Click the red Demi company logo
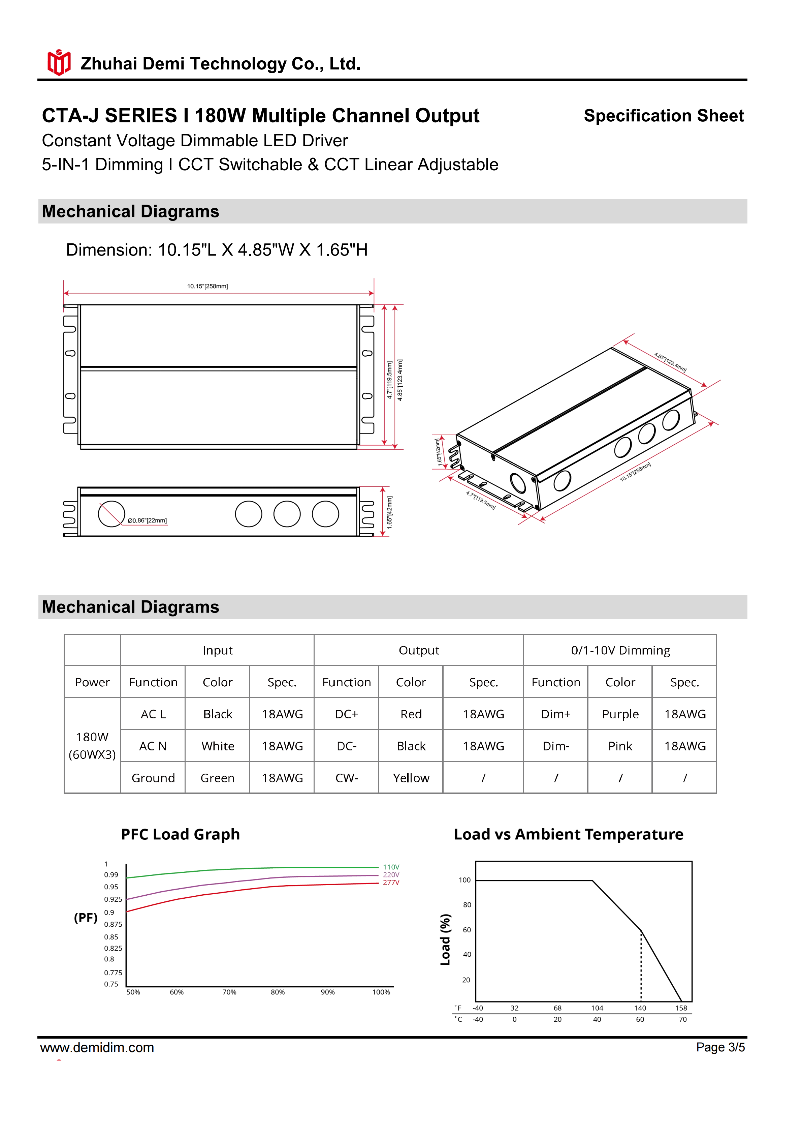click(x=59, y=63)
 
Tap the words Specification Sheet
click(x=663, y=116)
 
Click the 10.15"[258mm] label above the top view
click(x=207, y=286)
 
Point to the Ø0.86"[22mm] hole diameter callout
click(x=147, y=520)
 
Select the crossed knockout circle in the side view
click(x=111, y=514)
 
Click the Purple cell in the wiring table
click(x=620, y=714)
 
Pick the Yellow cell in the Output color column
click(x=411, y=778)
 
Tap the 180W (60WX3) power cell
click(x=92, y=745)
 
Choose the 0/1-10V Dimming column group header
click(x=620, y=651)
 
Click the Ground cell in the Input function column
click(x=153, y=778)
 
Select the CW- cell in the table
click(x=346, y=778)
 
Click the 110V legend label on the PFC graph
click(x=391, y=867)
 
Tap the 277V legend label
click(x=391, y=883)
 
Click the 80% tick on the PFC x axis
click(x=278, y=992)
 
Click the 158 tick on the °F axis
click(x=681, y=1008)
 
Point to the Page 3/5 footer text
click(x=720, y=1047)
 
